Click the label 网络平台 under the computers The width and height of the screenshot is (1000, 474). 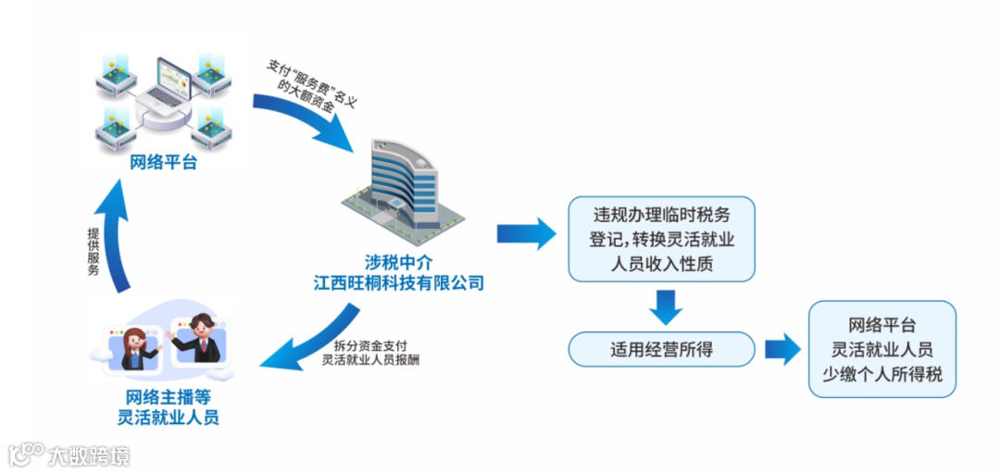pos(164,163)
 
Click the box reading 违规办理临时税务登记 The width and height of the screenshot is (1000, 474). pos(662,239)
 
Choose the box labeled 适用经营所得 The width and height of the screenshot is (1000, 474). pos(662,349)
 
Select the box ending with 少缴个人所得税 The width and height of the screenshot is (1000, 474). pos(881,350)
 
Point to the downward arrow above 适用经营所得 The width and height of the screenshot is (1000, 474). pos(664,306)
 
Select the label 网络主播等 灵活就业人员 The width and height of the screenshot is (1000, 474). pos(168,406)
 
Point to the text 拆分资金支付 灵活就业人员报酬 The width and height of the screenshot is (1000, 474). pos(370,353)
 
